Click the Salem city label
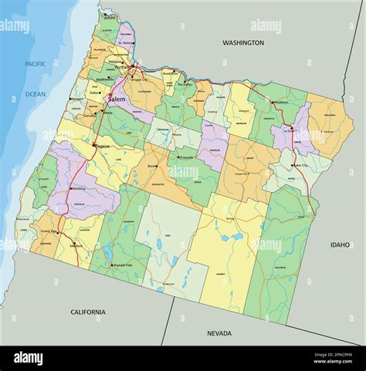click(117, 99)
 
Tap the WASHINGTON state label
click(242, 43)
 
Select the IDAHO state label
click(340, 245)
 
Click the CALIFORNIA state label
click(87, 312)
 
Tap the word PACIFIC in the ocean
click(35, 64)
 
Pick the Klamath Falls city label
click(123, 265)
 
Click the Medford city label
click(76, 246)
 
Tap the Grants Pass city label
click(50, 231)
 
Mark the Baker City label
click(300, 165)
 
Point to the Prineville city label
click(186, 157)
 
